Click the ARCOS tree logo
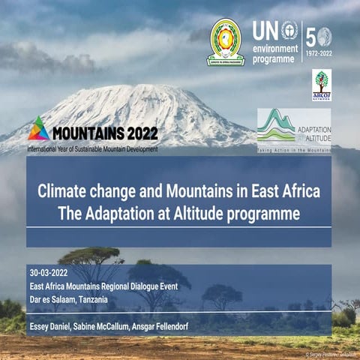click(x=322, y=85)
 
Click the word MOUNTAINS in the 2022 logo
click(x=85, y=133)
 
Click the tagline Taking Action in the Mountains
click(x=295, y=149)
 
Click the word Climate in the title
click(x=63, y=190)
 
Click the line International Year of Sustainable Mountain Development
click(x=92, y=148)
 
